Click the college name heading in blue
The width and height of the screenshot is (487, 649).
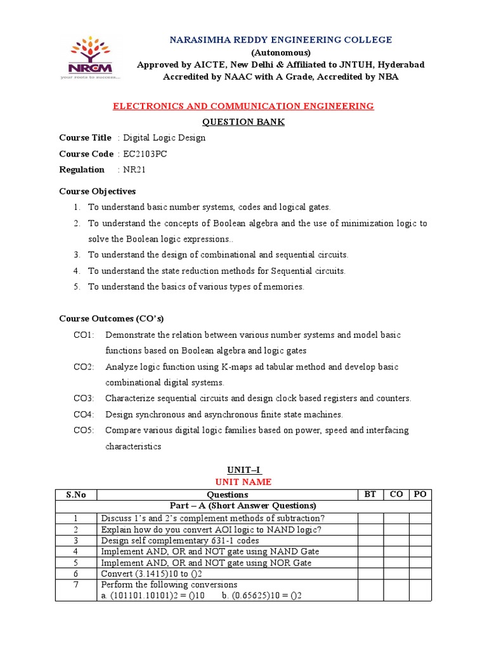[281, 40]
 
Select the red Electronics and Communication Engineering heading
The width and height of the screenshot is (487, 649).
[243, 106]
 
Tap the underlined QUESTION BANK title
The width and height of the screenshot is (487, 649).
[243, 122]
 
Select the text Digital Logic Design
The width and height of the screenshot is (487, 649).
[164, 138]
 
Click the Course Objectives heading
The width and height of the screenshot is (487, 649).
[97, 191]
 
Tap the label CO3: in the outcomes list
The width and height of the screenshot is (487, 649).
[84, 399]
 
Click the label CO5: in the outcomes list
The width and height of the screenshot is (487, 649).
[84, 430]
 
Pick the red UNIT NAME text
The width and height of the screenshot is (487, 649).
[243, 482]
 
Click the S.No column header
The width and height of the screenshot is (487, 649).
[75, 494]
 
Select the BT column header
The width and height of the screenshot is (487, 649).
[370, 494]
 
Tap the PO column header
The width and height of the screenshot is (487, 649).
[419, 494]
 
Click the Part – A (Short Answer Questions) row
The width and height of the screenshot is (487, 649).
[243, 506]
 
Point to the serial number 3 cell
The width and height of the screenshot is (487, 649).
[75, 541]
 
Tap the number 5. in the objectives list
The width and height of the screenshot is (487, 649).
[76, 286]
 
